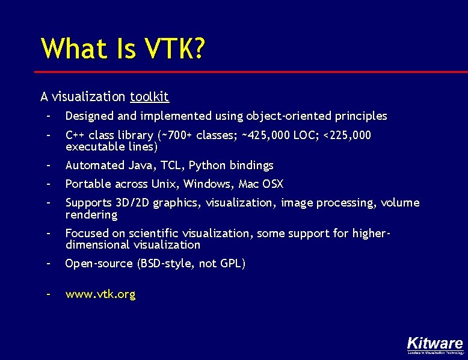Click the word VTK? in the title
171,49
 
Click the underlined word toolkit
149,96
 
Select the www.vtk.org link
100,294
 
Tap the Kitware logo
434,344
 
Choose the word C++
75,135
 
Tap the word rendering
91,215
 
